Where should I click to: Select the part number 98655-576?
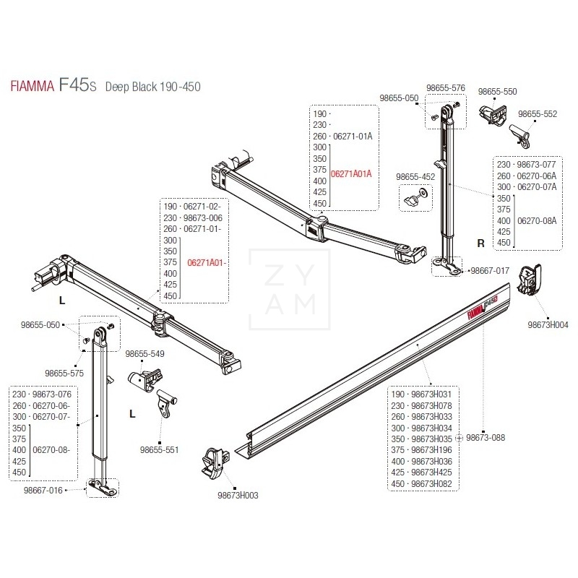click(x=447, y=87)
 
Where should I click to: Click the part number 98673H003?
click(x=237, y=495)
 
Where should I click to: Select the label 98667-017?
click(x=490, y=270)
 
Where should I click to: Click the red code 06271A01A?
click(x=350, y=173)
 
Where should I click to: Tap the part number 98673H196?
click(x=431, y=449)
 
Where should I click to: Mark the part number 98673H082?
click(x=431, y=483)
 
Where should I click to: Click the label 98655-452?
click(x=415, y=176)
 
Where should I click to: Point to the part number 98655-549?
click(x=145, y=354)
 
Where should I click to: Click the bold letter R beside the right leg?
click(x=480, y=243)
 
